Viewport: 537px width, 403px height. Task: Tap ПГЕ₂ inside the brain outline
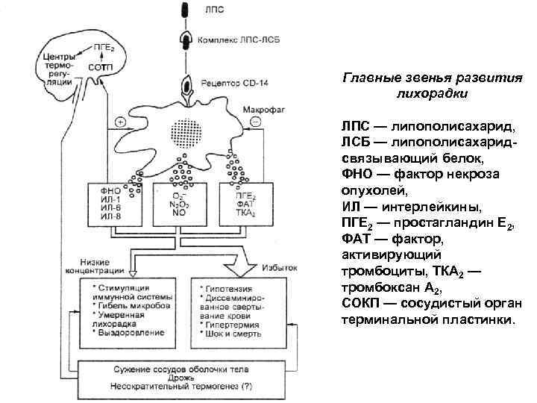click(x=104, y=49)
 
